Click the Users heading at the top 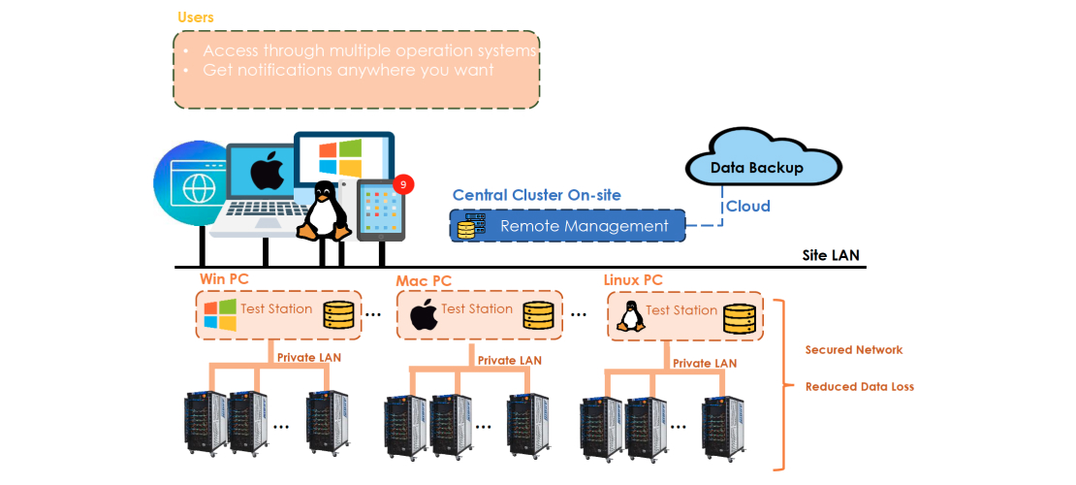point(196,17)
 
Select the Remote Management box point(567,226)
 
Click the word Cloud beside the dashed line point(748,206)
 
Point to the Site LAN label point(830,256)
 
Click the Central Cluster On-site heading point(536,195)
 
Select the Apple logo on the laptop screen point(267,173)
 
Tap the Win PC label point(224,279)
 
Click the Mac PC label point(424,281)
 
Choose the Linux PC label point(633,280)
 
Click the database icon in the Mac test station point(539,315)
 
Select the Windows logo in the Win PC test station point(220,314)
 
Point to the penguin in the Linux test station point(631,316)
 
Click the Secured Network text point(854,349)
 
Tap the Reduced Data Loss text point(859,386)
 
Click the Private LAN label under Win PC point(308,357)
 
